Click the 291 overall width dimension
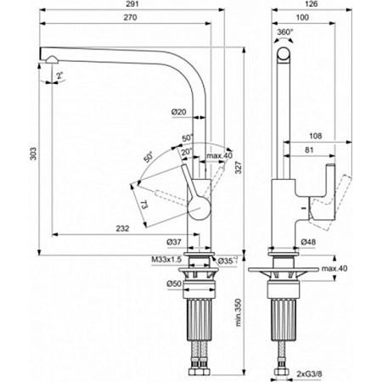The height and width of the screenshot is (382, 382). click(132, 4)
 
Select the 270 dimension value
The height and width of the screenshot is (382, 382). click(130, 18)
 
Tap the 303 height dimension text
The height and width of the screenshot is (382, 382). click(33, 154)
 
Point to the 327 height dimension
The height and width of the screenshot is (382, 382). click(239, 167)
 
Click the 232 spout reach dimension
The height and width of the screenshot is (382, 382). click(122, 228)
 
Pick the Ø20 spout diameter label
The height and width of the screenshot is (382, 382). click(179, 112)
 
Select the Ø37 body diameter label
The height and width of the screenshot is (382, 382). click(174, 242)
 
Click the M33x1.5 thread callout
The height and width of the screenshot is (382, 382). click(166, 260)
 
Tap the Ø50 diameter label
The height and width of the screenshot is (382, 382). click(174, 284)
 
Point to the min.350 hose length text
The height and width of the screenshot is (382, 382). click(239, 312)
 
